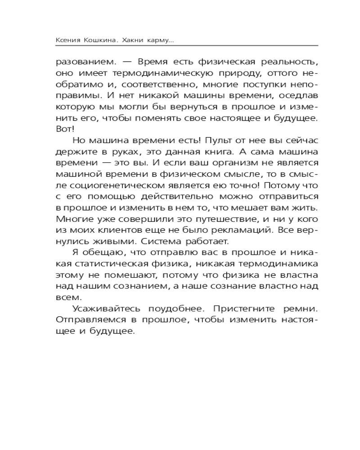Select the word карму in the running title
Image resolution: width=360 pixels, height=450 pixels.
pos(159,40)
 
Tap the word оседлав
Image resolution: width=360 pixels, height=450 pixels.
pos(296,96)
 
